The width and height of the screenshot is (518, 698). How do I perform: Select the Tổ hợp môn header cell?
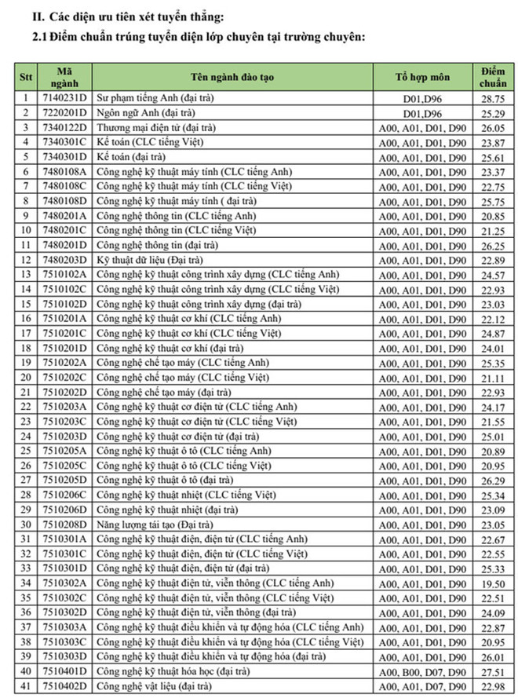pyautogui.click(x=423, y=77)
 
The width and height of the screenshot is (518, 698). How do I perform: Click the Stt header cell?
pyautogui.click(x=25, y=77)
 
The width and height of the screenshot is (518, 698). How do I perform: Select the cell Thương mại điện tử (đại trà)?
pyautogui.click(x=149, y=128)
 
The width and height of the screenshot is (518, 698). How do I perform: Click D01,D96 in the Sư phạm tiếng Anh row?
pyautogui.click(x=423, y=99)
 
